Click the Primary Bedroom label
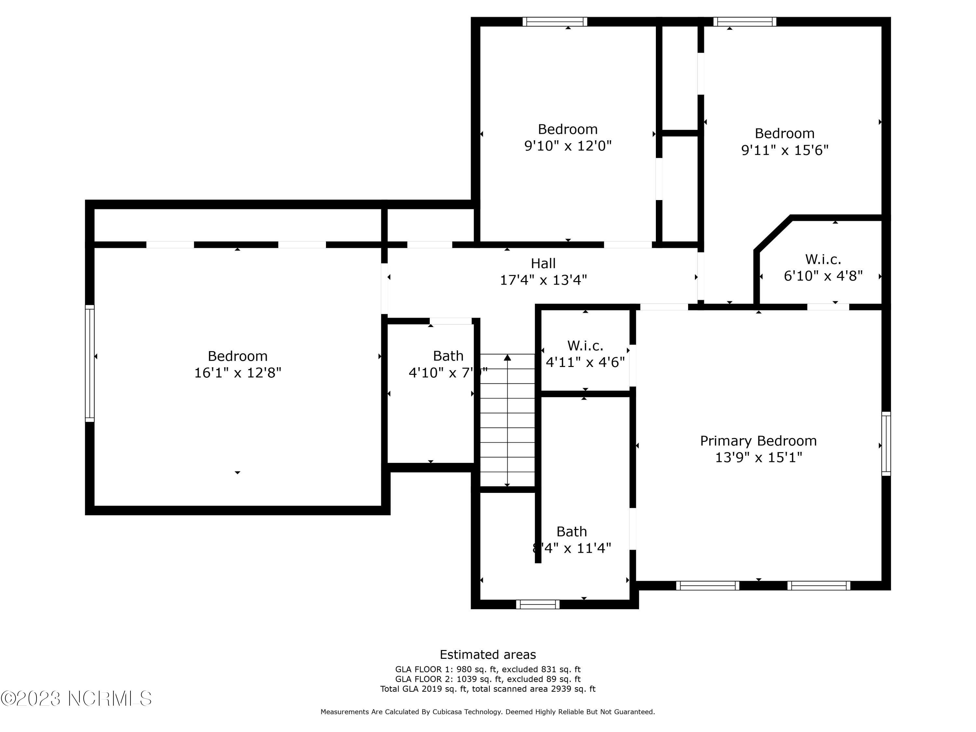758,441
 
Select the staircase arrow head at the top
508,358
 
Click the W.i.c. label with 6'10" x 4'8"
823,259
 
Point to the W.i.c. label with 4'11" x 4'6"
585,345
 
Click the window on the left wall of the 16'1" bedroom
89,363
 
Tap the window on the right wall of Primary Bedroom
886,443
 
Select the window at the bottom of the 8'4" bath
537,604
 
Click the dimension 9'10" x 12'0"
567,146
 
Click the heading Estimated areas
488,654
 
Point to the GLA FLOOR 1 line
488,669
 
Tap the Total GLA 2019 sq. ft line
488,689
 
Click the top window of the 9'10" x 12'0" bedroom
555,21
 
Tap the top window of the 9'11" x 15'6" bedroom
744,21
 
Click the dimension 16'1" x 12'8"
237,373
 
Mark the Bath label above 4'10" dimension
448,356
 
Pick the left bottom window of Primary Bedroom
707,586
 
